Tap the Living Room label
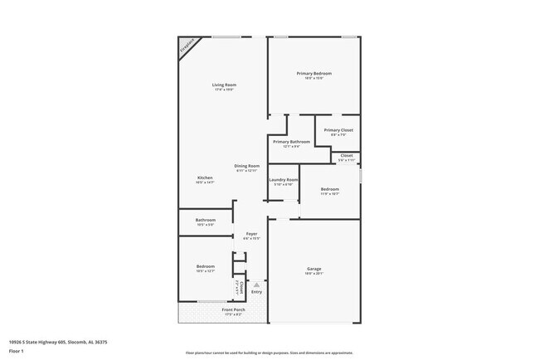point(224,85)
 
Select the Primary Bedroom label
point(314,74)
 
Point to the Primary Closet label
point(338,130)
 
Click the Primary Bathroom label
point(291,142)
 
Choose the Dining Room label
point(246,166)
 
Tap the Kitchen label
point(205,178)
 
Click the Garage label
point(314,269)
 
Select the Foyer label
point(250,234)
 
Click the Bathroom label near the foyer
point(205,220)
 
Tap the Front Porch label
point(232,310)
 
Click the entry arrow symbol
point(256,285)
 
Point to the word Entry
point(256,292)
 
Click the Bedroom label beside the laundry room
point(329,189)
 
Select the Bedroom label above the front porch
point(205,266)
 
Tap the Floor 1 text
point(17,351)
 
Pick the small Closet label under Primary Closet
point(346,155)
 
